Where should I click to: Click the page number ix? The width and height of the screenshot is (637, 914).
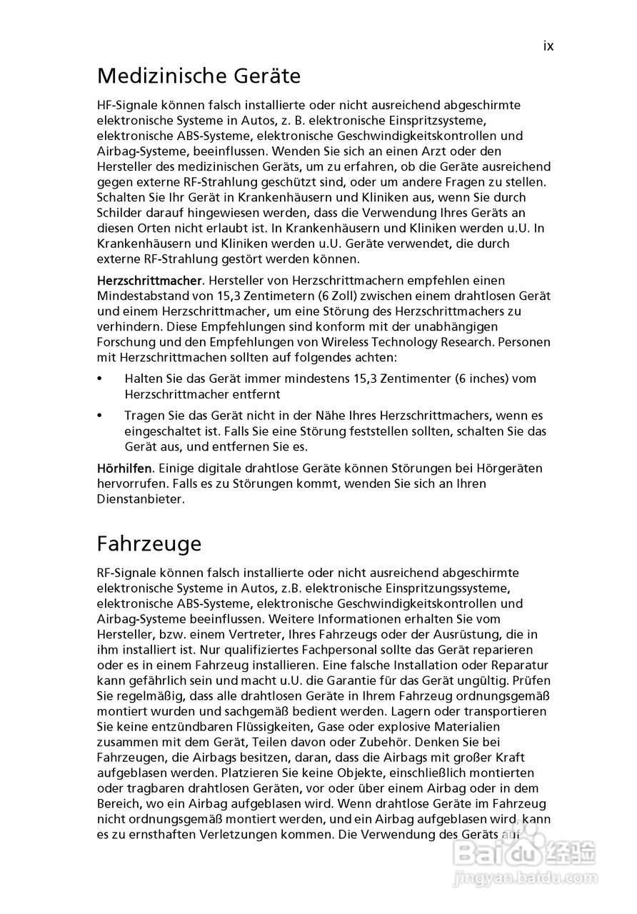click(548, 46)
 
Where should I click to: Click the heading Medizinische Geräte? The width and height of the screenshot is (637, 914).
click(199, 76)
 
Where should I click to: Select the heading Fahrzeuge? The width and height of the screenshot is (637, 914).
click(149, 543)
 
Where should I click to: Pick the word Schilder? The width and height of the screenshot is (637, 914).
click(120, 213)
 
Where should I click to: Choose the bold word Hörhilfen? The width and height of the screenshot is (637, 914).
click(124, 468)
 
